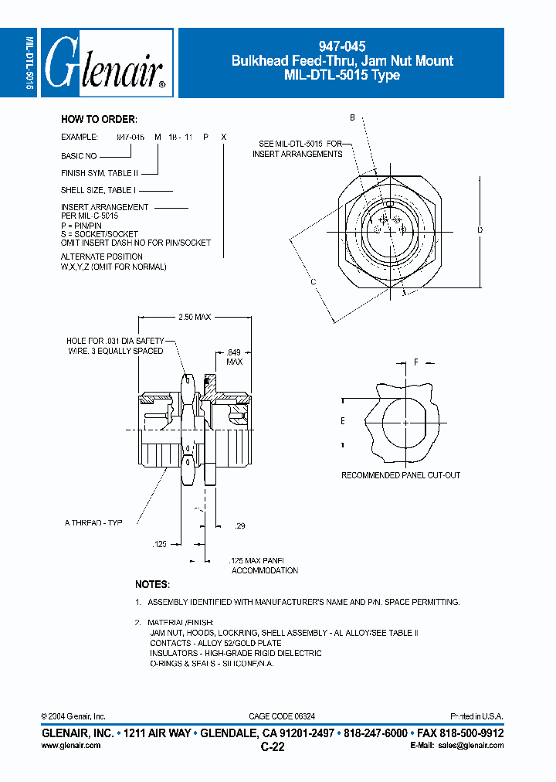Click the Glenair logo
click(107, 63)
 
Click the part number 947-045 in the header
click(343, 47)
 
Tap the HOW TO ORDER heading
click(99, 119)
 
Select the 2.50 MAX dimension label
click(195, 317)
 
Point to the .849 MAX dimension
click(235, 355)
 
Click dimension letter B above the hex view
click(351, 118)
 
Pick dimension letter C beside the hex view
click(314, 282)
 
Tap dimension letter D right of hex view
click(480, 229)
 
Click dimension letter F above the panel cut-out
click(415, 362)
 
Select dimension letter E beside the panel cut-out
click(343, 421)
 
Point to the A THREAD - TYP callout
click(93, 523)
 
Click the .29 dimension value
click(239, 526)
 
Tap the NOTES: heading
click(152, 585)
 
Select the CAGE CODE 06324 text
click(282, 717)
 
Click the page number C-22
click(274, 747)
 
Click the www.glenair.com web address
click(70, 746)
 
